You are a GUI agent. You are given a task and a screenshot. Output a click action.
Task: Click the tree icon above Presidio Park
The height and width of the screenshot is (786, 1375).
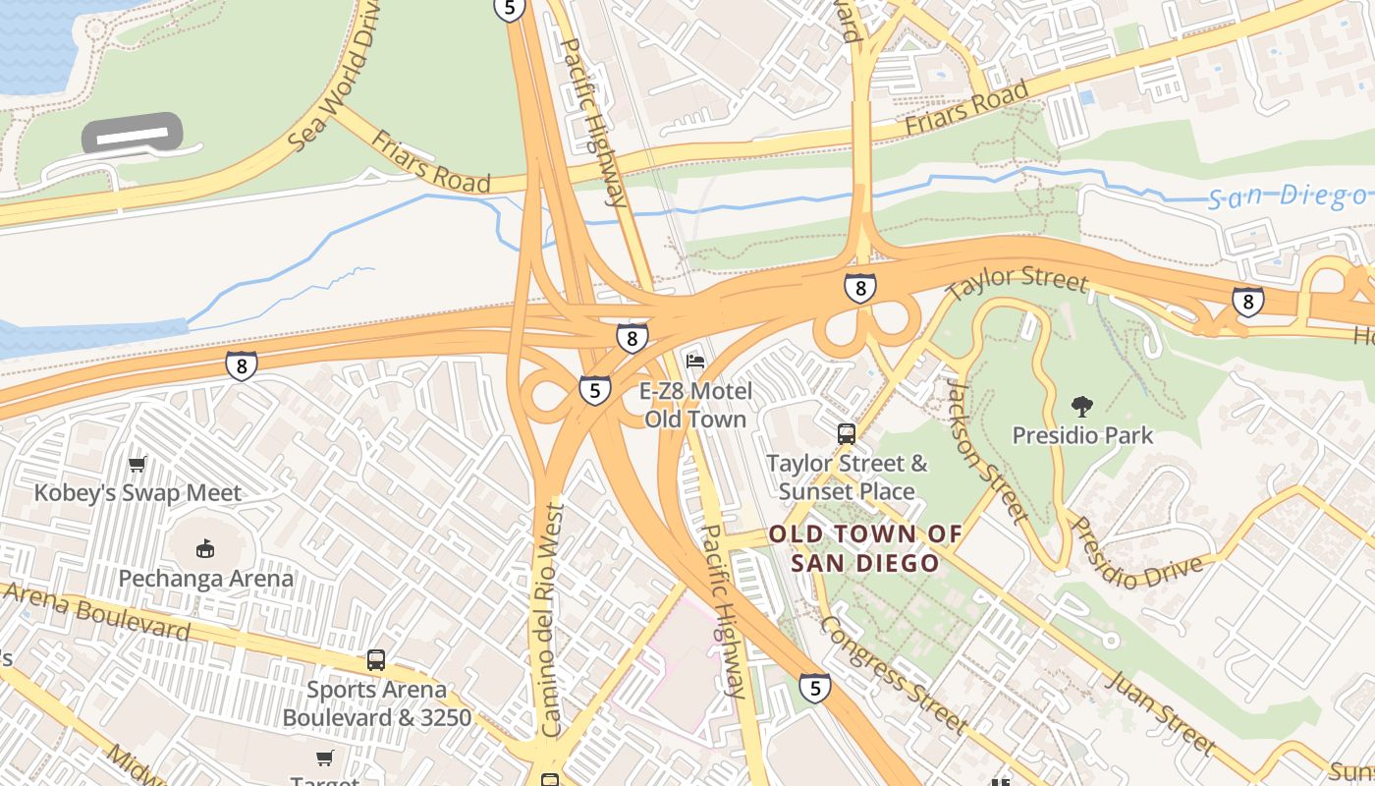tap(1082, 406)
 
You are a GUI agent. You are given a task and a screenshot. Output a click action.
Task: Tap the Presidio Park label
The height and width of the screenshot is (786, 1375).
tap(1082, 434)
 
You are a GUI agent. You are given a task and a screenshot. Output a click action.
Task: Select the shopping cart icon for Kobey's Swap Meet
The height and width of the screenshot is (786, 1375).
tap(137, 464)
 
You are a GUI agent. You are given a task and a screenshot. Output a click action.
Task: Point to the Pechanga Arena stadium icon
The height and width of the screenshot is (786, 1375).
tap(205, 548)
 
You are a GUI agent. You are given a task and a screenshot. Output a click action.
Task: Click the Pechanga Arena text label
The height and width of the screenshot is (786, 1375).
tap(205, 578)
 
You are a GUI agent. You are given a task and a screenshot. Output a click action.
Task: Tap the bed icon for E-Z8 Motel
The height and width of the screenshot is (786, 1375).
tap(695, 363)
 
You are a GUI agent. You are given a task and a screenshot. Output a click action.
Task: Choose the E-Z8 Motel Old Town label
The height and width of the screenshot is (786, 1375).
tap(695, 405)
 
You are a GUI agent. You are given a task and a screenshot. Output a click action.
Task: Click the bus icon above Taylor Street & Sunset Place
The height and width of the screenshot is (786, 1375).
tap(846, 433)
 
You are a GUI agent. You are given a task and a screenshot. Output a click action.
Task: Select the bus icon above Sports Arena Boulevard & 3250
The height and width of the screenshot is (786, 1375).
tap(375, 660)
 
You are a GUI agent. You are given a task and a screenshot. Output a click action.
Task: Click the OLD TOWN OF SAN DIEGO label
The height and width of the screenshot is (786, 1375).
tap(865, 548)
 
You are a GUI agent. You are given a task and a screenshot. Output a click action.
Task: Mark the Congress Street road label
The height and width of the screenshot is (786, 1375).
tap(893, 674)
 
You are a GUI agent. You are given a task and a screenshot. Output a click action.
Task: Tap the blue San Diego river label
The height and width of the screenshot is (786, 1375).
tap(1287, 196)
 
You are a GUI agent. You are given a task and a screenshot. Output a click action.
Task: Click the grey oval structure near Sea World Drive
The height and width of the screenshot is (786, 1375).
tap(132, 134)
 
